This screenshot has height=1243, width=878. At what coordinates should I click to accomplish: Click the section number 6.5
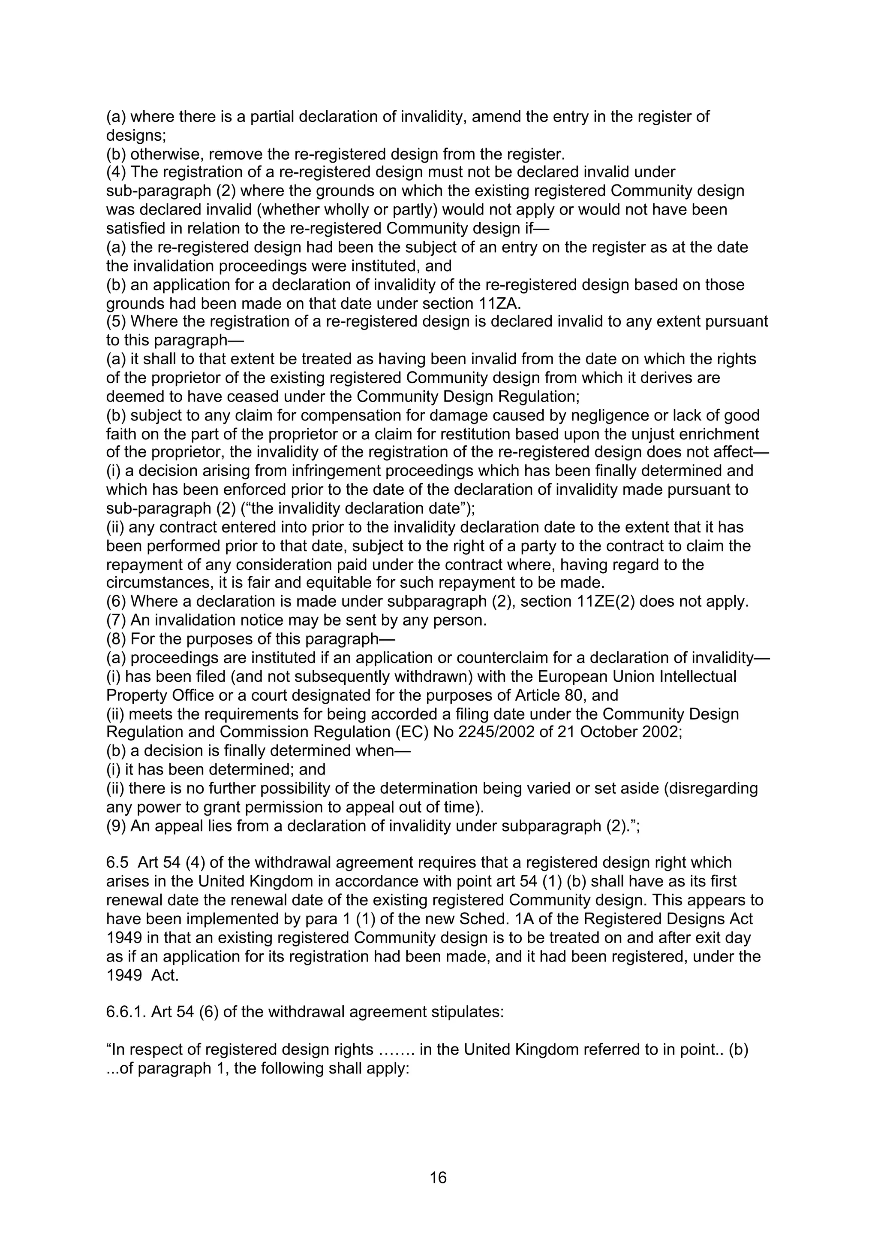pos(117,862)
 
